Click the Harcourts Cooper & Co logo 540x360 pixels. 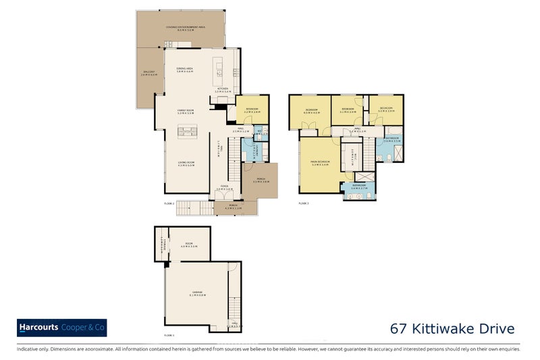tap(61, 328)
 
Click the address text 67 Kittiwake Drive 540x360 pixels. tap(452, 329)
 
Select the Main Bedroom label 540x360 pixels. tap(320, 163)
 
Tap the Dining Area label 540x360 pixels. tap(186, 70)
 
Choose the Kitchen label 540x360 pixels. tap(222, 89)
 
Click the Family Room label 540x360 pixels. tap(186, 111)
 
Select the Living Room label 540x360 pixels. tap(186, 163)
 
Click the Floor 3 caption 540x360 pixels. tap(303, 203)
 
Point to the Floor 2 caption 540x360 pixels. tap(169, 203)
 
